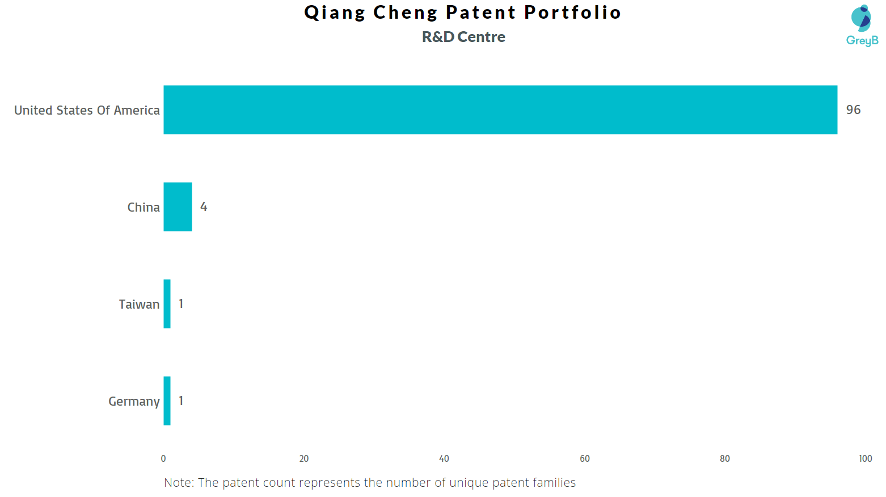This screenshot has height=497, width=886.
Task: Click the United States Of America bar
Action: coord(500,109)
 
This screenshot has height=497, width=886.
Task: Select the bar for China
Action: coord(178,207)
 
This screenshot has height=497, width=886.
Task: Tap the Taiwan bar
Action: coord(167,304)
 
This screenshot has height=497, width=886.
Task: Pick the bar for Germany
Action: coord(167,401)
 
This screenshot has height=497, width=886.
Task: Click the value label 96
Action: coord(853,109)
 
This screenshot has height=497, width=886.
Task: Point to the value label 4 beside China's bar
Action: coord(204,207)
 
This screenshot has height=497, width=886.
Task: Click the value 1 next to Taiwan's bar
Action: coord(181,304)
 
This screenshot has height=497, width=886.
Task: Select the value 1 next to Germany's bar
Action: coord(181,401)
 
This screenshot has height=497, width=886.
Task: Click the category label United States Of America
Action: coord(87,110)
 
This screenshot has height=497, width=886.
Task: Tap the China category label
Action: coord(144,207)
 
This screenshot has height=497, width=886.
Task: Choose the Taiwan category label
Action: coord(139,304)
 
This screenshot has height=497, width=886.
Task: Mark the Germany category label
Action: coord(134,402)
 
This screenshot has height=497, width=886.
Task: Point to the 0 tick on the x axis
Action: coord(163,458)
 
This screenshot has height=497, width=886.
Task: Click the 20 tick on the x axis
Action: coord(304,458)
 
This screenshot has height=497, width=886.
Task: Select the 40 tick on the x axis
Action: coord(444,458)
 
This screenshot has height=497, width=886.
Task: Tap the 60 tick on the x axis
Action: coord(585,458)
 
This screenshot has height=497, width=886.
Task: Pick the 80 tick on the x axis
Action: coord(724,458)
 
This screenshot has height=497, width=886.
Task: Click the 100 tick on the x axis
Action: coord(865,458)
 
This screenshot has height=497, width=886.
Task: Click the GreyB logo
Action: coord(862,26)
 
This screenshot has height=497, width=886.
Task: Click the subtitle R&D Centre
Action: coord(463,37)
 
